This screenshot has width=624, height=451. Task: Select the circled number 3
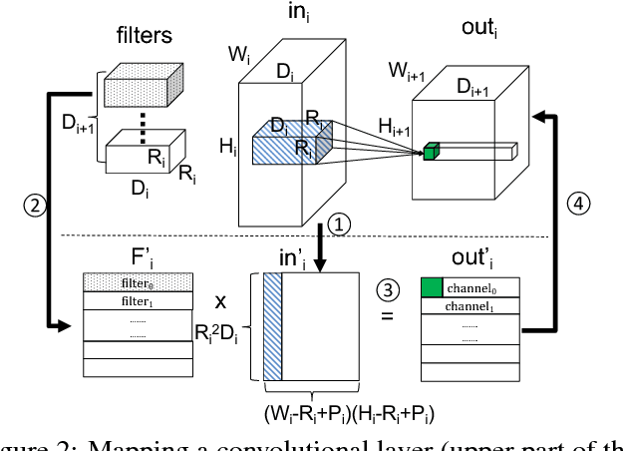click(385, 292)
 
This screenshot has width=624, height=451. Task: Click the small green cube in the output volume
click(432, 152)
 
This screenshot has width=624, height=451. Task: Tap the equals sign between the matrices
click(387, 318)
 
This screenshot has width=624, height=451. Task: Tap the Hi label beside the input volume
click(226, 150)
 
